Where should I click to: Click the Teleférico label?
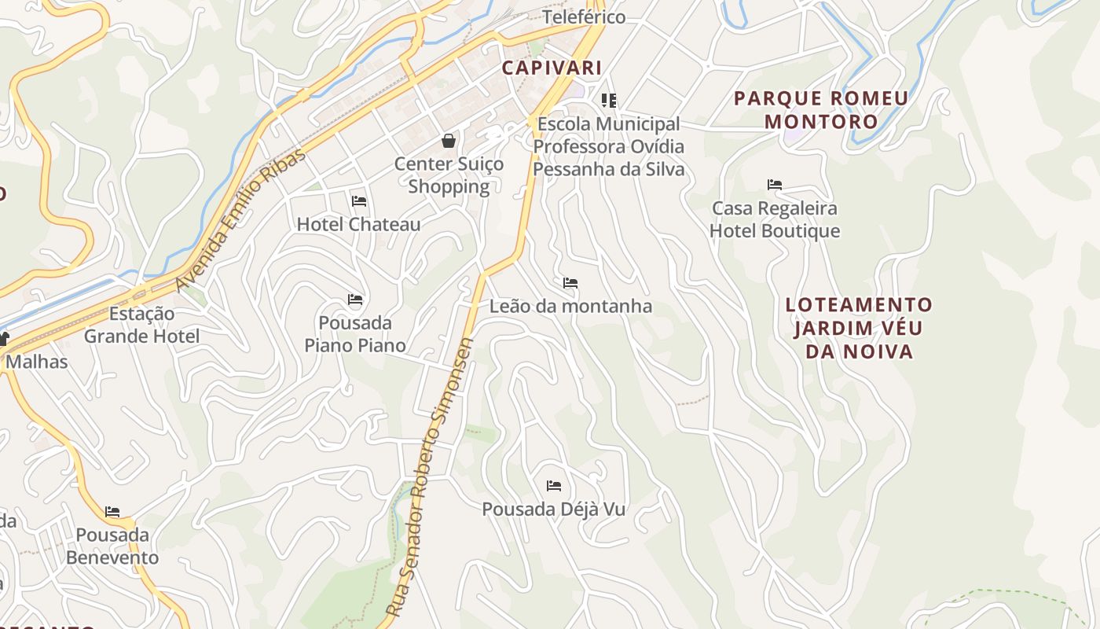coord(584,17)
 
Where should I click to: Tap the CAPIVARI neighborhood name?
coord(552,68)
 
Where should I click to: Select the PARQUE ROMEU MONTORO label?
coord(821,110)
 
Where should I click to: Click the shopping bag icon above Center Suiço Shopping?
coord(449,141)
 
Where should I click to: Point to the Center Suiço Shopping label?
coord(449,175)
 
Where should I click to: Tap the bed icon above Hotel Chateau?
coord(359,201)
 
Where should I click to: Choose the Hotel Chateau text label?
coord(358,224)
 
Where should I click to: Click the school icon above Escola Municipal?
coord(609,101)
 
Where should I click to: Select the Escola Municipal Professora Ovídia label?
coord(609,147)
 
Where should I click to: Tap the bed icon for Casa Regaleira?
coord(775,186)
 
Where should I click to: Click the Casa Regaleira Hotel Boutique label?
coord(775,219)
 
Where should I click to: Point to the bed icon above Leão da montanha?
coord(570,283)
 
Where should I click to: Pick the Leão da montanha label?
coord(570,306)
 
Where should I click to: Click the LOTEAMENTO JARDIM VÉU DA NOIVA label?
coord(860,328)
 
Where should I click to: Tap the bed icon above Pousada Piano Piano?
coord(355,300)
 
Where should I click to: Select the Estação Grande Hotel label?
coord(142,325)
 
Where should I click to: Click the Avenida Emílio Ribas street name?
coord(240,220)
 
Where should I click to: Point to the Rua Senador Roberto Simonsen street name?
coord(431,476)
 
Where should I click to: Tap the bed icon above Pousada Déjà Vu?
coord(554,486)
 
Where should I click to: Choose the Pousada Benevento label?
coord(112,546)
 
